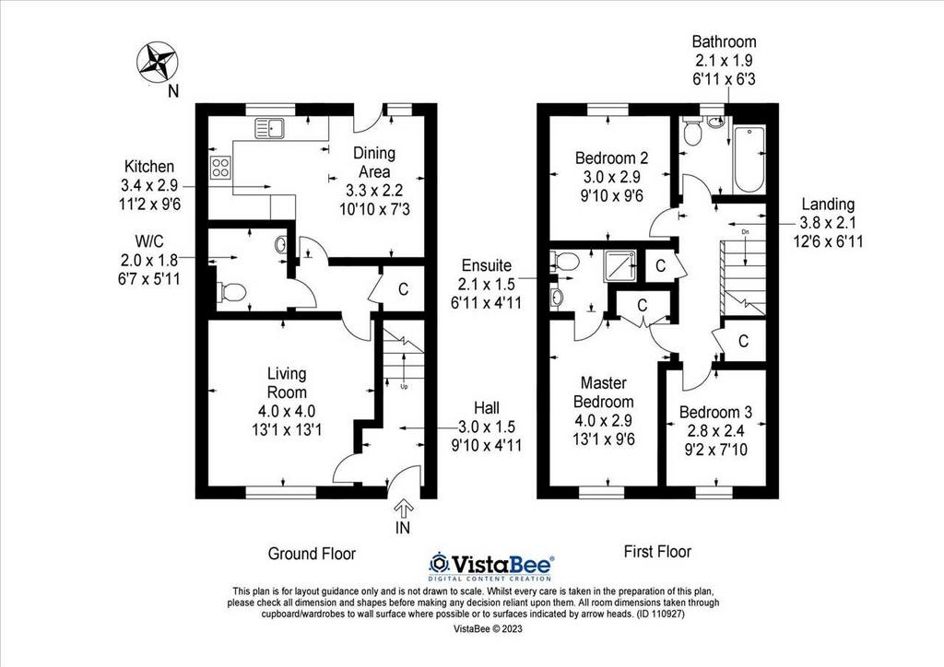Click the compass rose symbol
pyautogui.click(x=157, y=62)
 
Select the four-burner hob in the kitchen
pyautogui.click(x=219, y=167)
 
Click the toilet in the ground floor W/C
pyautogui.click(x=231, y=293)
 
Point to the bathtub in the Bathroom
pyautogui.click(x=749, y=158)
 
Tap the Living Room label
pyautogui.click(x=287, y=383)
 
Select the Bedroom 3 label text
pyautogui.click(x=715, y=412)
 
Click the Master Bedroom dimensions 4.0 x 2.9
pyautogui.click(x=603, y=420)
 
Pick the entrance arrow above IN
pyautogui.click(x=402, y=510)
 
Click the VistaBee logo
pyautogui.click(x=491, y=567)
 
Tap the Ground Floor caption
pyautogui.click(x=312, y=554)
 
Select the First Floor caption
pyautogui.click(x=657, y=552)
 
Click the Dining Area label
pyautogui.click(x=374, y=162)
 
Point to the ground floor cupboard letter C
pyautogui.click(x=403, y=289)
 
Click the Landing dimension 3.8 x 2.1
pyautogui.click(x=828, y=223)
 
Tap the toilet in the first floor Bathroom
pyautogui.click(x=691, y=132)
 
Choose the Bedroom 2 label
pyautogui.click(x=612, y=158)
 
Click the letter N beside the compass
pyautogui.click(x=173, y=91)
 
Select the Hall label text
pyautogui.click(x=487, y=408)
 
